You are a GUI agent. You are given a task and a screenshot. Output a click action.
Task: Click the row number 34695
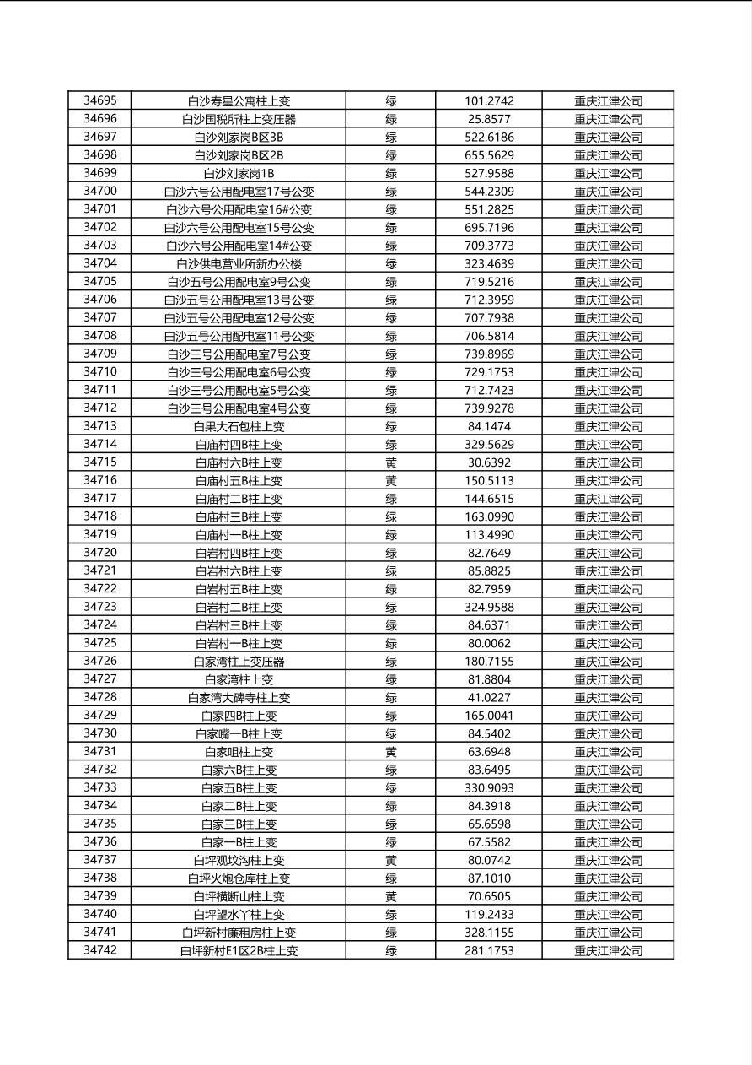coord(99,101)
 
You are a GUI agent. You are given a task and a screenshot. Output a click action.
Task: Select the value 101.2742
coord(489,101)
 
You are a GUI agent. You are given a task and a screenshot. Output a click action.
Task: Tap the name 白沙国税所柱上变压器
coord(239,119)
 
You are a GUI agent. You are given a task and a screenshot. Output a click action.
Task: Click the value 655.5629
coord(489,155)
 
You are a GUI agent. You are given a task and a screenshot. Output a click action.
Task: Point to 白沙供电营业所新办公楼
coord(239,264)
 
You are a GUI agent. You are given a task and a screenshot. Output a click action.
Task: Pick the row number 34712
coord(99,408)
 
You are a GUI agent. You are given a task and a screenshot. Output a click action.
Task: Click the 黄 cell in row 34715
coord(391,462)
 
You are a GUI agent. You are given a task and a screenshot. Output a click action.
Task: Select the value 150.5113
coord(489,481)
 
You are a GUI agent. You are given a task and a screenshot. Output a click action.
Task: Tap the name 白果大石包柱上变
coord(239,426)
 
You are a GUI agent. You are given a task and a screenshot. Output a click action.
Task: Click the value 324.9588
coord(489,608)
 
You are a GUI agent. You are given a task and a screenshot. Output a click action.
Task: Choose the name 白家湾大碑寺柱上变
coord(239,698)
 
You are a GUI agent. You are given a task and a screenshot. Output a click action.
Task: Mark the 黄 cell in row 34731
coord(391,752)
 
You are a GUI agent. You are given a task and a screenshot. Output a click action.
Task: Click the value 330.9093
coord(489,788)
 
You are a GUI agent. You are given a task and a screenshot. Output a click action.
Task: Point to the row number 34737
coord(99,860)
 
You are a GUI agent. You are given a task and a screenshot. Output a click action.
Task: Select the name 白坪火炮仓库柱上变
coord(239,878)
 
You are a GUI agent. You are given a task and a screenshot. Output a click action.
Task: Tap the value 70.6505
coord(489,896)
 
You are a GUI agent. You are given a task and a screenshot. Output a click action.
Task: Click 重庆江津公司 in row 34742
coord(608,951)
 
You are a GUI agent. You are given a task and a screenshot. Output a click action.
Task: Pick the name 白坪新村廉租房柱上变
coord(239,933)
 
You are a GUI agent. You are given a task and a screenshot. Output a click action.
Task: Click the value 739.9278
coord(489,408)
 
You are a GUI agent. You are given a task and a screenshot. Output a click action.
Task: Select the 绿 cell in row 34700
coord(391,192)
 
